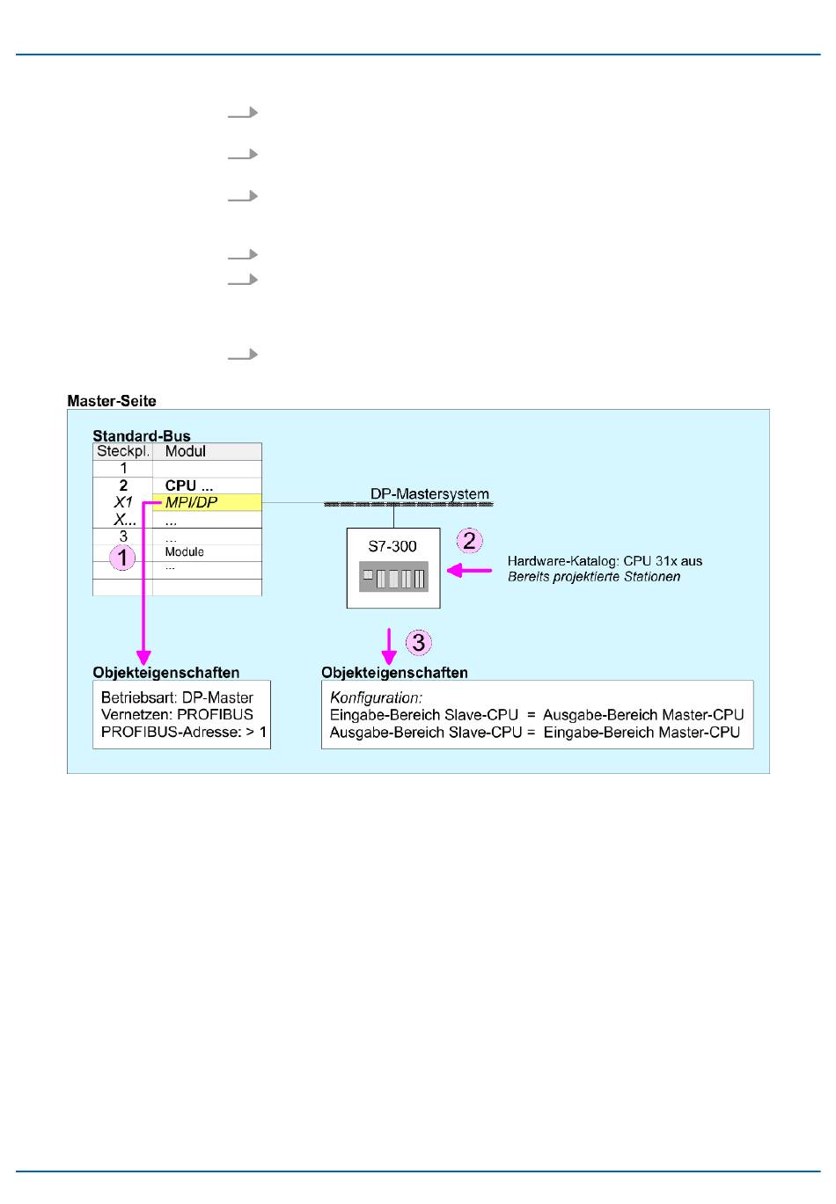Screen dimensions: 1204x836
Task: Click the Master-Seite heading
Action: coord(112,401)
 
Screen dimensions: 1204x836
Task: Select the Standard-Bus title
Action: coord(142,435)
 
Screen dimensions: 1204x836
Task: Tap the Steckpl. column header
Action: coord(123,451)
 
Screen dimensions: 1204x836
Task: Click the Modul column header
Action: coord(186,451)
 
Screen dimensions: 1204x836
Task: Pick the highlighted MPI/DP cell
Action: coord(192,502)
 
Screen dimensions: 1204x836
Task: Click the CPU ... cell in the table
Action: coord(189,485)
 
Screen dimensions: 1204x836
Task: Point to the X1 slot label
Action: coord(123,502)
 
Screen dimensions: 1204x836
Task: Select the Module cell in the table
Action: coord(185,551)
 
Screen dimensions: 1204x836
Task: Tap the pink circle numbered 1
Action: coord(123,557)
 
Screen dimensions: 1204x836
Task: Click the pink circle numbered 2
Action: coord(469,540)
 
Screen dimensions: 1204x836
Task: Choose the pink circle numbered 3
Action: coord(418,642)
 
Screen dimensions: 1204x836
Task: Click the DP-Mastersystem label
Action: coord(429,493)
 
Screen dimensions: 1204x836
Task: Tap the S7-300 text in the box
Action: coord(392,546)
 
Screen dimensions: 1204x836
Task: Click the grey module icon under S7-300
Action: coord(393,577)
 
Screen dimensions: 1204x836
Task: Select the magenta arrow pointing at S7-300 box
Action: coord(469,570)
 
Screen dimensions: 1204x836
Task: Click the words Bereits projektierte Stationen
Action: coord(594,577)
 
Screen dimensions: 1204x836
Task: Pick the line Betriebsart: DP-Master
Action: coord(177,697)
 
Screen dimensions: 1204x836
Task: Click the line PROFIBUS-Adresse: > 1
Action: coord(184,732)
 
